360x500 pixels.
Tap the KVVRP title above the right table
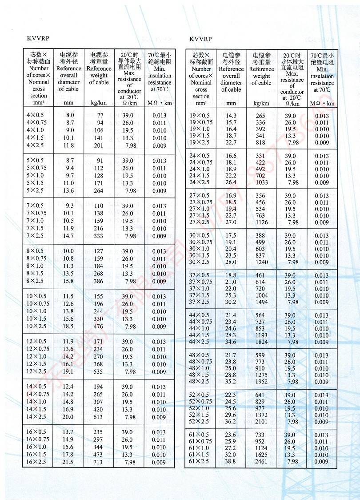[200, 39]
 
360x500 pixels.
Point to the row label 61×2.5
[199, 461]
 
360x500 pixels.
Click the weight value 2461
[260, 461]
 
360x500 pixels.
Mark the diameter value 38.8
[231, 461]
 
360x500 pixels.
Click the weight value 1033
[260, 182]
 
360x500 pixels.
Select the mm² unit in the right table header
[201, 103]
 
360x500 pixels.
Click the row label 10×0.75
[38, 304]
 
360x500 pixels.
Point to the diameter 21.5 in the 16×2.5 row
[68, 462]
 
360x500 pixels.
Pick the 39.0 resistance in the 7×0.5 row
[128, 206]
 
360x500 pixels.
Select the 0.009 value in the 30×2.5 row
[322, 262]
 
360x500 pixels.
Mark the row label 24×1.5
[199, 176]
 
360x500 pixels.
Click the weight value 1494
[260, 302]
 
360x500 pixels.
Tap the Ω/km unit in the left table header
[129, 103]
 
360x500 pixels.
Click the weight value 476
[98, 327]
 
